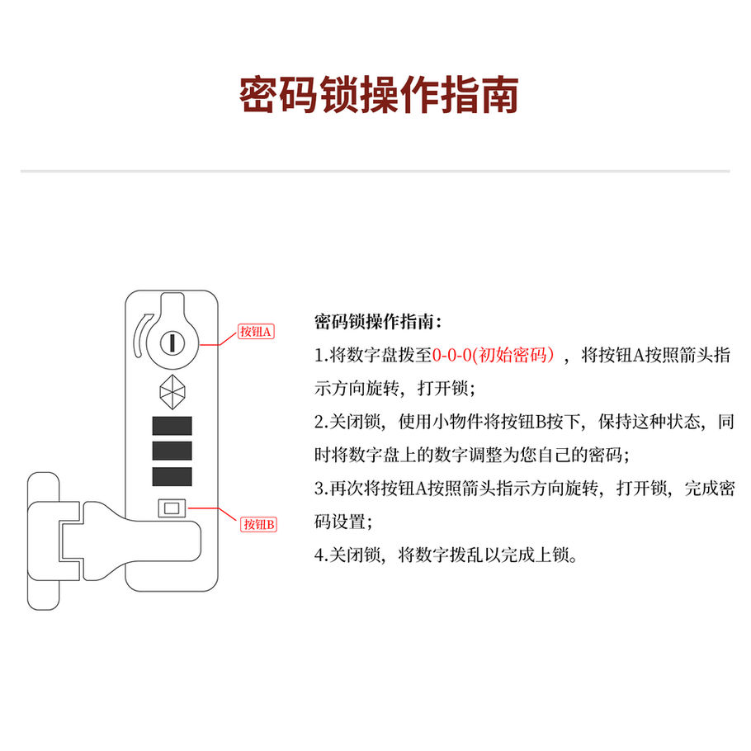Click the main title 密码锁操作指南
click(379, 96)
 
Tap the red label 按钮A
click(256, 332)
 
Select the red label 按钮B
click(258, 524)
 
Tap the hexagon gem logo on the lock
click(172, 391)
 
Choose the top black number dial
click(172, 426)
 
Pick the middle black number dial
click(172, 451)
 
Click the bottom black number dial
click(172, 476)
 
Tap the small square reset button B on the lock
click(172, 508)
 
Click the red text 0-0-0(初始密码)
click(494, 356)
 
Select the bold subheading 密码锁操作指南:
click(378, 322)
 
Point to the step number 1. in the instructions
click(321, 357)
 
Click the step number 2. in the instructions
click(321, 423)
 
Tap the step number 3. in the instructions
click(321, 489)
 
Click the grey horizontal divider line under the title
click(375, 171)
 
